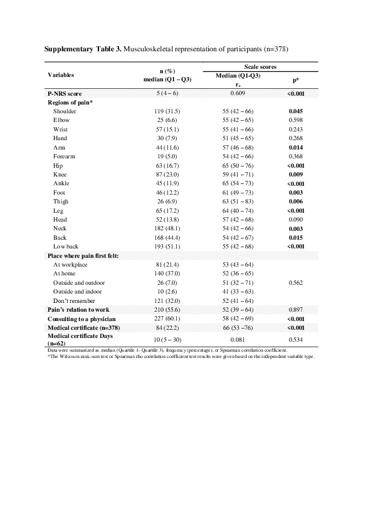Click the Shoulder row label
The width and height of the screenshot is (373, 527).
pos(65,111)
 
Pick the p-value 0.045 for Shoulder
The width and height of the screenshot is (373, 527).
pos(295,111)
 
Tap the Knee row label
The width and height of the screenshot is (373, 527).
pos(61,175)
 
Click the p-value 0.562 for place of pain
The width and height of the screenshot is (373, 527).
pos(295,283)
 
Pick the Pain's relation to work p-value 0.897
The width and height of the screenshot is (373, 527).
pos(295,310)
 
